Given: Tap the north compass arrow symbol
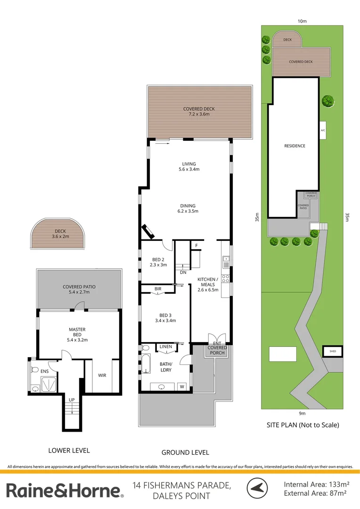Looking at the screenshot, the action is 257,488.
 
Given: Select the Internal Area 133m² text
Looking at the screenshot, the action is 317,484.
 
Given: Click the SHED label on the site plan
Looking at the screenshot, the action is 333,351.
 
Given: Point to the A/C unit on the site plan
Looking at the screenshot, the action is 323,130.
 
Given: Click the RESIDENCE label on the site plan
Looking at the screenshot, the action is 295,146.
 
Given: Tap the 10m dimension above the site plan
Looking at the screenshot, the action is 302,21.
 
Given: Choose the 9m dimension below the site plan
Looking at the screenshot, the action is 302,414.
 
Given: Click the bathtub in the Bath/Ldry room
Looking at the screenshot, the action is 146,364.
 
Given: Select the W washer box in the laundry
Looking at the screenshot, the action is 182,386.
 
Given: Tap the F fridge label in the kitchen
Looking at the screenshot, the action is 196,246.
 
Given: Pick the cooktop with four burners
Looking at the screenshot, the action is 225,279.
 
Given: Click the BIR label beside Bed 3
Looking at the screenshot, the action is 158,289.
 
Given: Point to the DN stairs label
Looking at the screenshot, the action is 183,272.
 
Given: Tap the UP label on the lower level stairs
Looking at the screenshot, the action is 72,400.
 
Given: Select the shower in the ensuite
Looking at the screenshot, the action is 49,385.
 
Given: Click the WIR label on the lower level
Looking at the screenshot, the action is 102,375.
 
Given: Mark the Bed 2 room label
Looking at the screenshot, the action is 158,262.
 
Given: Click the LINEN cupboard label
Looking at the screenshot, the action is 166,347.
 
